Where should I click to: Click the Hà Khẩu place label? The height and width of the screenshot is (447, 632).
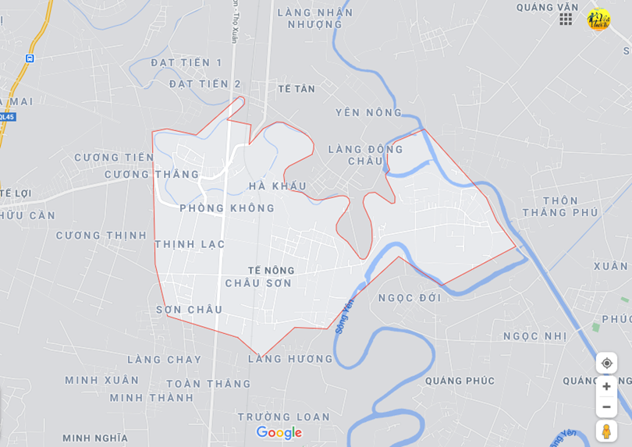pos(277,186)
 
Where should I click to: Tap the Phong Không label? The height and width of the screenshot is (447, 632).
pos(227,208)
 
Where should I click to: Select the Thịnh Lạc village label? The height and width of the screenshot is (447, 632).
pos(190,244)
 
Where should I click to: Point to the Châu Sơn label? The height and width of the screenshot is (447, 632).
pos(258,283)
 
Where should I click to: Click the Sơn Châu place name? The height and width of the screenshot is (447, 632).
pos(189,310)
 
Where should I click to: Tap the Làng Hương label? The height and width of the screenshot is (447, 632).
pos(290,359)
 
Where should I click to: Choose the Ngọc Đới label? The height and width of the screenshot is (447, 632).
pos(409,297)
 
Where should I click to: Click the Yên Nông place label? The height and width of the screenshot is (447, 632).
pos(368,112)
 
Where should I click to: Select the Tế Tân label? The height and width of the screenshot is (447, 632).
pos(296,89)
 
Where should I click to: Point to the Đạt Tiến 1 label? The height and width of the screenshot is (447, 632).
pos(186,62)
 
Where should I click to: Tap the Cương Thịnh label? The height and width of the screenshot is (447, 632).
pos(101,236)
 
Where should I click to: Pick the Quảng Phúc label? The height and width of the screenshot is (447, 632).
pos(460,381)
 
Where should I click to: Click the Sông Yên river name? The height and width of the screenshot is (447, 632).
pos(345,316)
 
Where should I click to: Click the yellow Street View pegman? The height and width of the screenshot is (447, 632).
pos(606,431)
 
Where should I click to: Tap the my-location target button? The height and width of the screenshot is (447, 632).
pos(606,363)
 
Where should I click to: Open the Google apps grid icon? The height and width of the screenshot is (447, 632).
pos(566,19)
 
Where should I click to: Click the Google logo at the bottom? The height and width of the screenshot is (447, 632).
pos(279,433)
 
